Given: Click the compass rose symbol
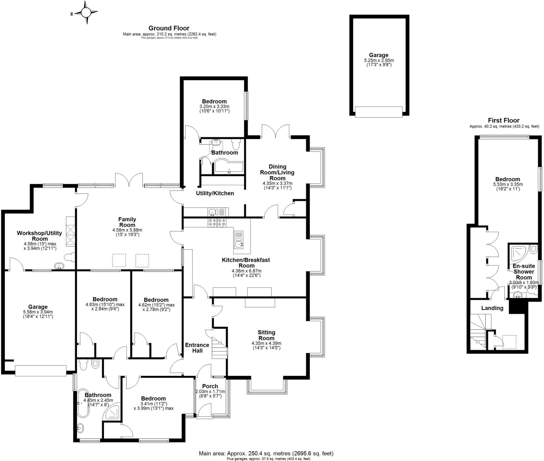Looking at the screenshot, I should tap(86, 12).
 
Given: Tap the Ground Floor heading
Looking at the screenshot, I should tap(169, 28).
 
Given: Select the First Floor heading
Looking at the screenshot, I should tap(503, 120).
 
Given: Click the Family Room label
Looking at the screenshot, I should tap(127, 222).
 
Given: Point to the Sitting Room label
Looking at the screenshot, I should tap(266, 335).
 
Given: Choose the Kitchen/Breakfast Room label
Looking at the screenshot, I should tap(246, 263).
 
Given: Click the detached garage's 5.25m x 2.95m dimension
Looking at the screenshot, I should tap(379, 61).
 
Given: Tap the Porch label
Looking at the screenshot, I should tap(210, 386).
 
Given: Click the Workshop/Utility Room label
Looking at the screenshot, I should tap(39, 236).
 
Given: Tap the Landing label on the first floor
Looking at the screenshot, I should tap(492, 308).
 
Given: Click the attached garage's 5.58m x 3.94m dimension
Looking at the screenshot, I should tap(38, 312).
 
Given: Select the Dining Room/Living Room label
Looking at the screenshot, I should tap(277, 172).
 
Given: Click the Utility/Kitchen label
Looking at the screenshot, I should tap(215, 193).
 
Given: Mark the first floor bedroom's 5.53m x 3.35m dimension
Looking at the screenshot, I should tap(508, 184).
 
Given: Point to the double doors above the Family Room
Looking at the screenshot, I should tap(129, 180).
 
